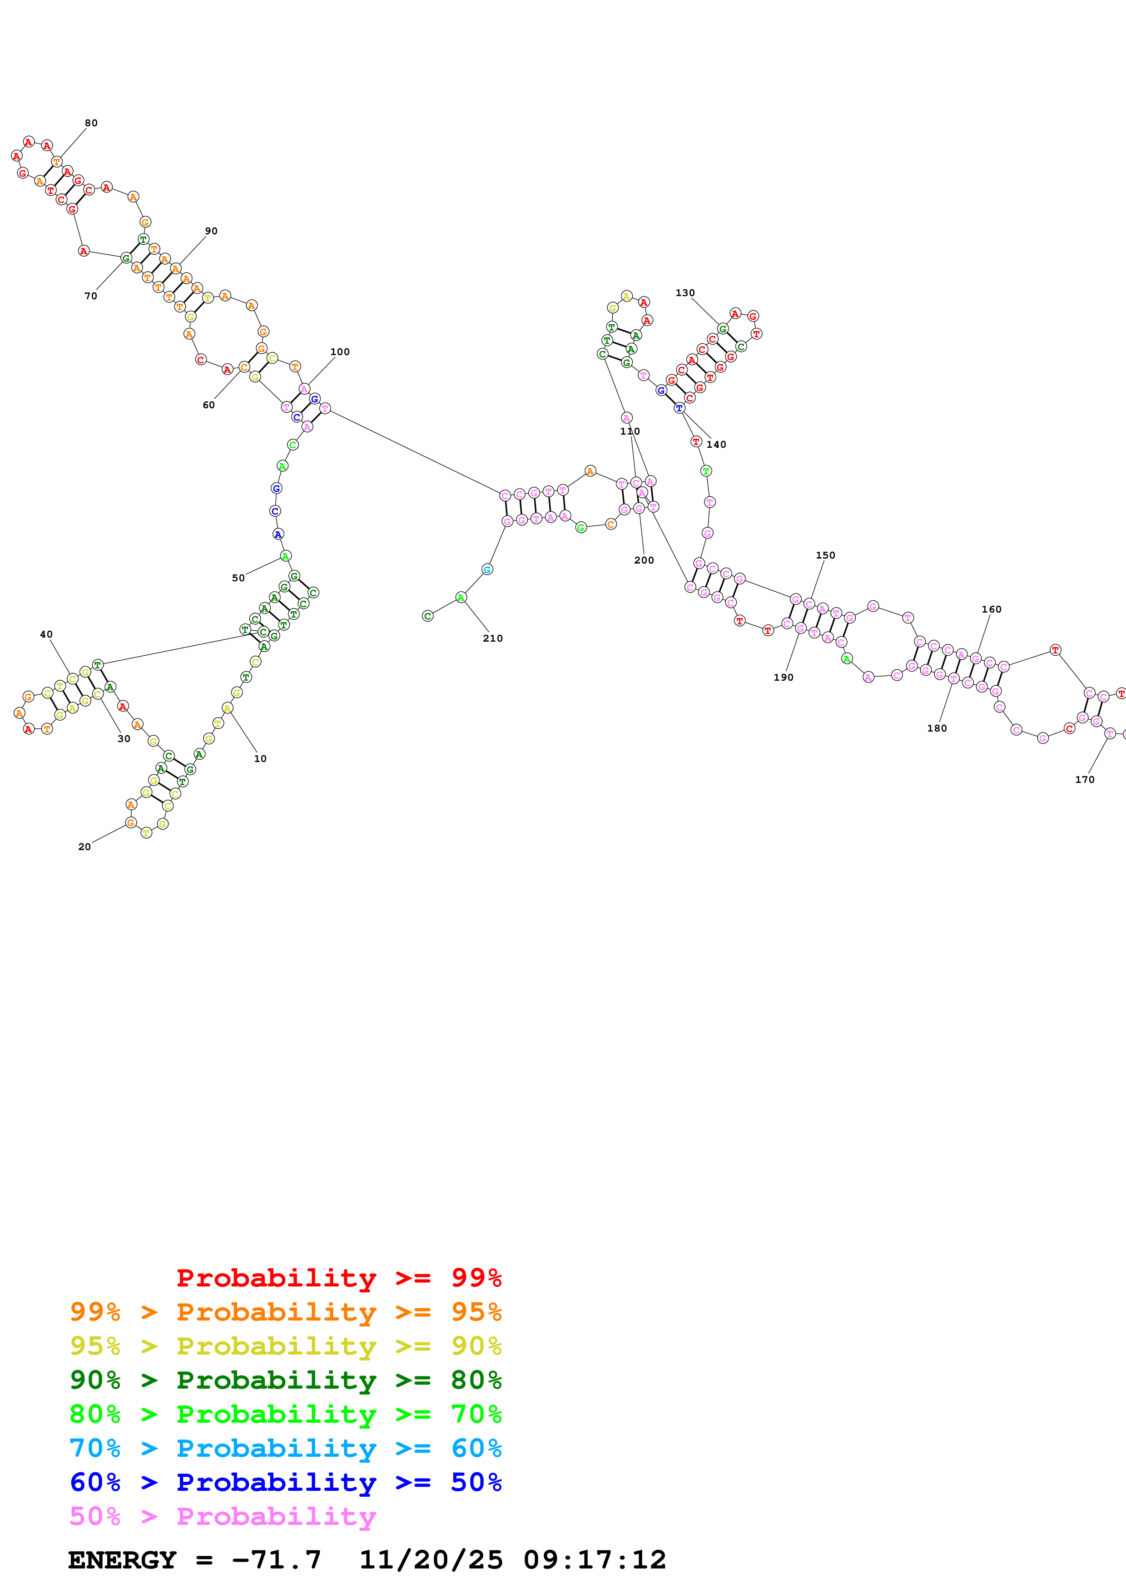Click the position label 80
(x=91, y=123)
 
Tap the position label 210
(x=492, y=638)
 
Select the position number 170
(x=1084, y=779)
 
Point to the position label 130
(x=685, y=293)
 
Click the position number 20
(x=84, y=846)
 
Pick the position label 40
(x=46, y=634)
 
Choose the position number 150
(x=825, y=555)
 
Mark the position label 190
(x=783, y=677)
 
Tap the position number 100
(x=339, y=352)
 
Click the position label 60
(x=208, y=405)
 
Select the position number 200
(x=644, y=560)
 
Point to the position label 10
(x=260, y=758)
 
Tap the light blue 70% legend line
(x=285, y=1448)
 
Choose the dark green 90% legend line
(x=285, y=1380)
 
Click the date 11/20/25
(x=431, y=1560)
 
